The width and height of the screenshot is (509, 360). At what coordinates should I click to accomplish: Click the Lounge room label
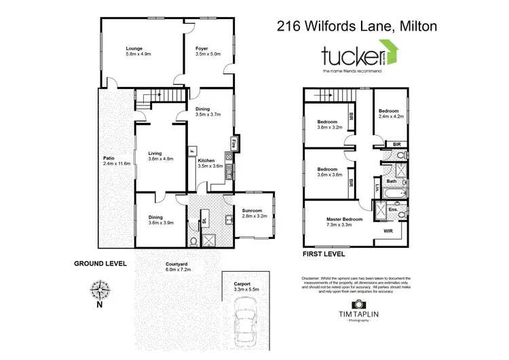click(133, 49)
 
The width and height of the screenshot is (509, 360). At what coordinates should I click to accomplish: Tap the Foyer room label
click(202, 49)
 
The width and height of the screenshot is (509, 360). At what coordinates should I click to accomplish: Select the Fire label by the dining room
click(234, 144)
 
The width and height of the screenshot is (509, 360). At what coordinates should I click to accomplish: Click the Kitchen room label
click(206, 160)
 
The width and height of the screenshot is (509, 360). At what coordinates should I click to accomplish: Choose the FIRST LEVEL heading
click(324, 255)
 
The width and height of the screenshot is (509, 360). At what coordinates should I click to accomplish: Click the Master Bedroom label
click(344, 219)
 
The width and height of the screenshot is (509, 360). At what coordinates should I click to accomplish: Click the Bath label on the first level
click(392, 181)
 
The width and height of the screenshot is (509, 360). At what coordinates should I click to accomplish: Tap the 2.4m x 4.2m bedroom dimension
click(391, 116)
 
